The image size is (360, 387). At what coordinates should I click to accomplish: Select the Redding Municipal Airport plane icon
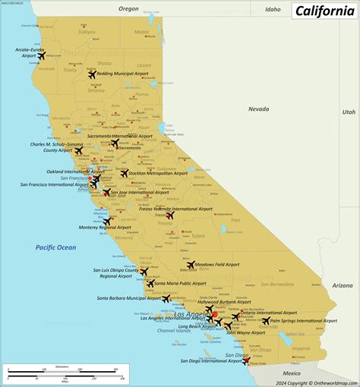point(93,74)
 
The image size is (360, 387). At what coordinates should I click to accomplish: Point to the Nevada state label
point(258,109)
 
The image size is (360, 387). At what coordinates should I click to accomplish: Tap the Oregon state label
point(128,9)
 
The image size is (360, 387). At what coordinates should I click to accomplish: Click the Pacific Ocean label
point(55,247)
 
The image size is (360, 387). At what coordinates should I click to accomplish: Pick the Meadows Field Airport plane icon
point(191,265)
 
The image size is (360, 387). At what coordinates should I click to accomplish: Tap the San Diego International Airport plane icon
point(245,361)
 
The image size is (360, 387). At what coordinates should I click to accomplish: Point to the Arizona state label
point(343,285)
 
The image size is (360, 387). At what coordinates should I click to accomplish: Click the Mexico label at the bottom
point(292,373)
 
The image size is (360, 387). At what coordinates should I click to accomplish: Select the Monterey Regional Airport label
point(77,227)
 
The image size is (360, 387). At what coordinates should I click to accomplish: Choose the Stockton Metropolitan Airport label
point(159,173)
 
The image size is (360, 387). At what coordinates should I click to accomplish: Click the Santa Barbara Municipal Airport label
point(128,298)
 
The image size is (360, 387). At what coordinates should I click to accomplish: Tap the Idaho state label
point(273,9)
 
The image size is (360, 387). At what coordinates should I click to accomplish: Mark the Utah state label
point(348,112)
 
